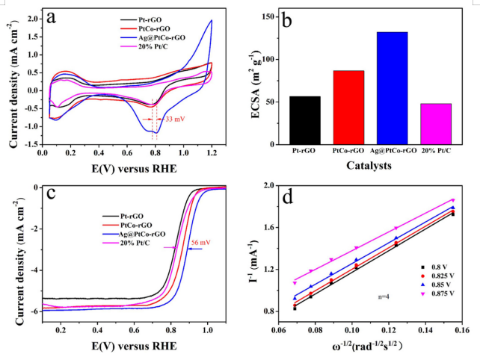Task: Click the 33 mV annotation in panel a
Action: pyautogui.click(x=173, y=119)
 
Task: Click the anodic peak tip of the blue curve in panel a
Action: pyautogui.click(x=212, y=20)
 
